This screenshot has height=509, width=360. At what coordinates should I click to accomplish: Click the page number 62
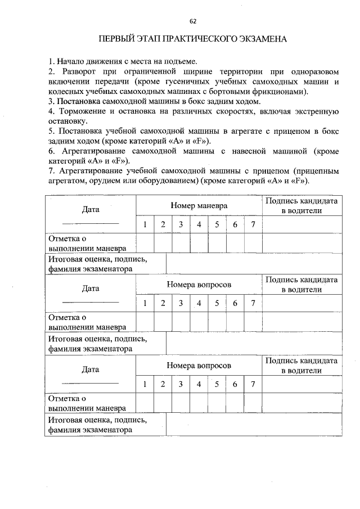(x=193, y=21)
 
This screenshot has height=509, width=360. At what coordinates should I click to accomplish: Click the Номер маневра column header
(x=199, y=206)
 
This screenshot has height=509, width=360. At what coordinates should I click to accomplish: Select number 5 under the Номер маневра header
(x=217, y=225)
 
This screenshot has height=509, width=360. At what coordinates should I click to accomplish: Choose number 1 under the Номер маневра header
(x=145, y=225)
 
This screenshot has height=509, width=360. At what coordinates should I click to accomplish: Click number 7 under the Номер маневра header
(x=253, y=225)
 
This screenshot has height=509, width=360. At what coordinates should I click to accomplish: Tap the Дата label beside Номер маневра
(x=90, y=210)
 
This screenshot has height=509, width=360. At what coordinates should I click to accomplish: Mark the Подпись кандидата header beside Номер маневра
(x=301, y=206)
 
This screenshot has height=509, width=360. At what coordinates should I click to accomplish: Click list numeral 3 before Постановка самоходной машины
(x=50, y=101)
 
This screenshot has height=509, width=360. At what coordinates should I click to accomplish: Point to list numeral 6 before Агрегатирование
(x=50, y=152)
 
